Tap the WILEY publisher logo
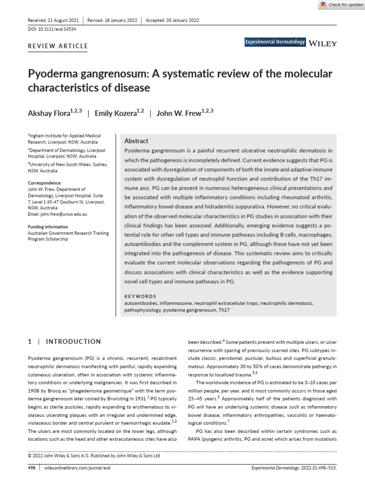point(323,43)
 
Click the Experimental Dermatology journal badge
point(275,43)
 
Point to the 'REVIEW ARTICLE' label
point(58,46)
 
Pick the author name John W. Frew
point(179,114)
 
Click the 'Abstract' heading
point(136,141)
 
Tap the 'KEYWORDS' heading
point(140,296)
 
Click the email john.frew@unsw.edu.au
point(58,214)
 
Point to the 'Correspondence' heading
point(44,183)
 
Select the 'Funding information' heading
point(48,227)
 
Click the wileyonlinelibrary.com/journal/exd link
point(77,468)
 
